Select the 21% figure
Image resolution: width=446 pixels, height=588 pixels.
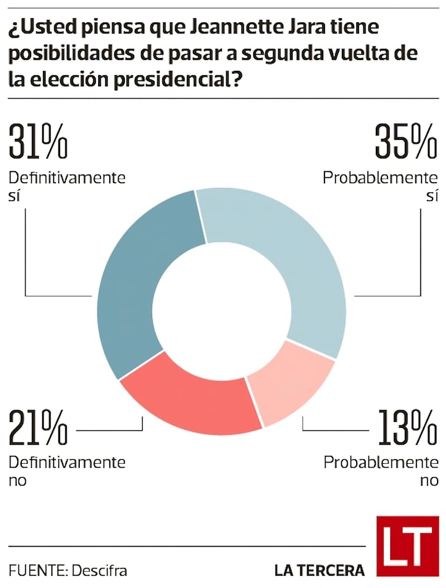[x=38, y=429]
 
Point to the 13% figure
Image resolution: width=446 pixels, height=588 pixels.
[x=407, y=429]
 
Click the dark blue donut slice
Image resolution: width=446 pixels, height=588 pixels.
[x=139, y=279]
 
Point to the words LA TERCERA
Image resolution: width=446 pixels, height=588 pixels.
[x=319, y=570]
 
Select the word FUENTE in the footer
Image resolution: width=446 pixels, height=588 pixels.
[x=36, y=571]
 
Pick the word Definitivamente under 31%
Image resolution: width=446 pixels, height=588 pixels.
[x=67, y=178]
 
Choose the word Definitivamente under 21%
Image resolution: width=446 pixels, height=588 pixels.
[x=67, y=462]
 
